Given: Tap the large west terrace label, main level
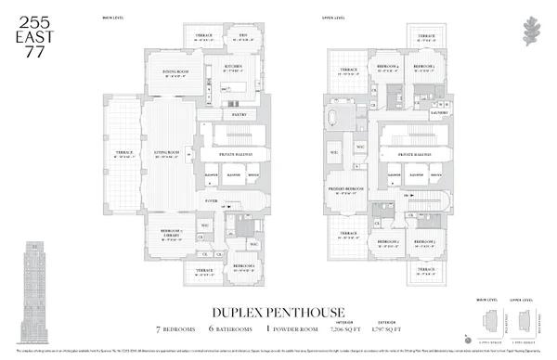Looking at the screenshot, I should coord(123,153).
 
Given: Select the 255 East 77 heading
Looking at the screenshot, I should coord(33,27).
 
